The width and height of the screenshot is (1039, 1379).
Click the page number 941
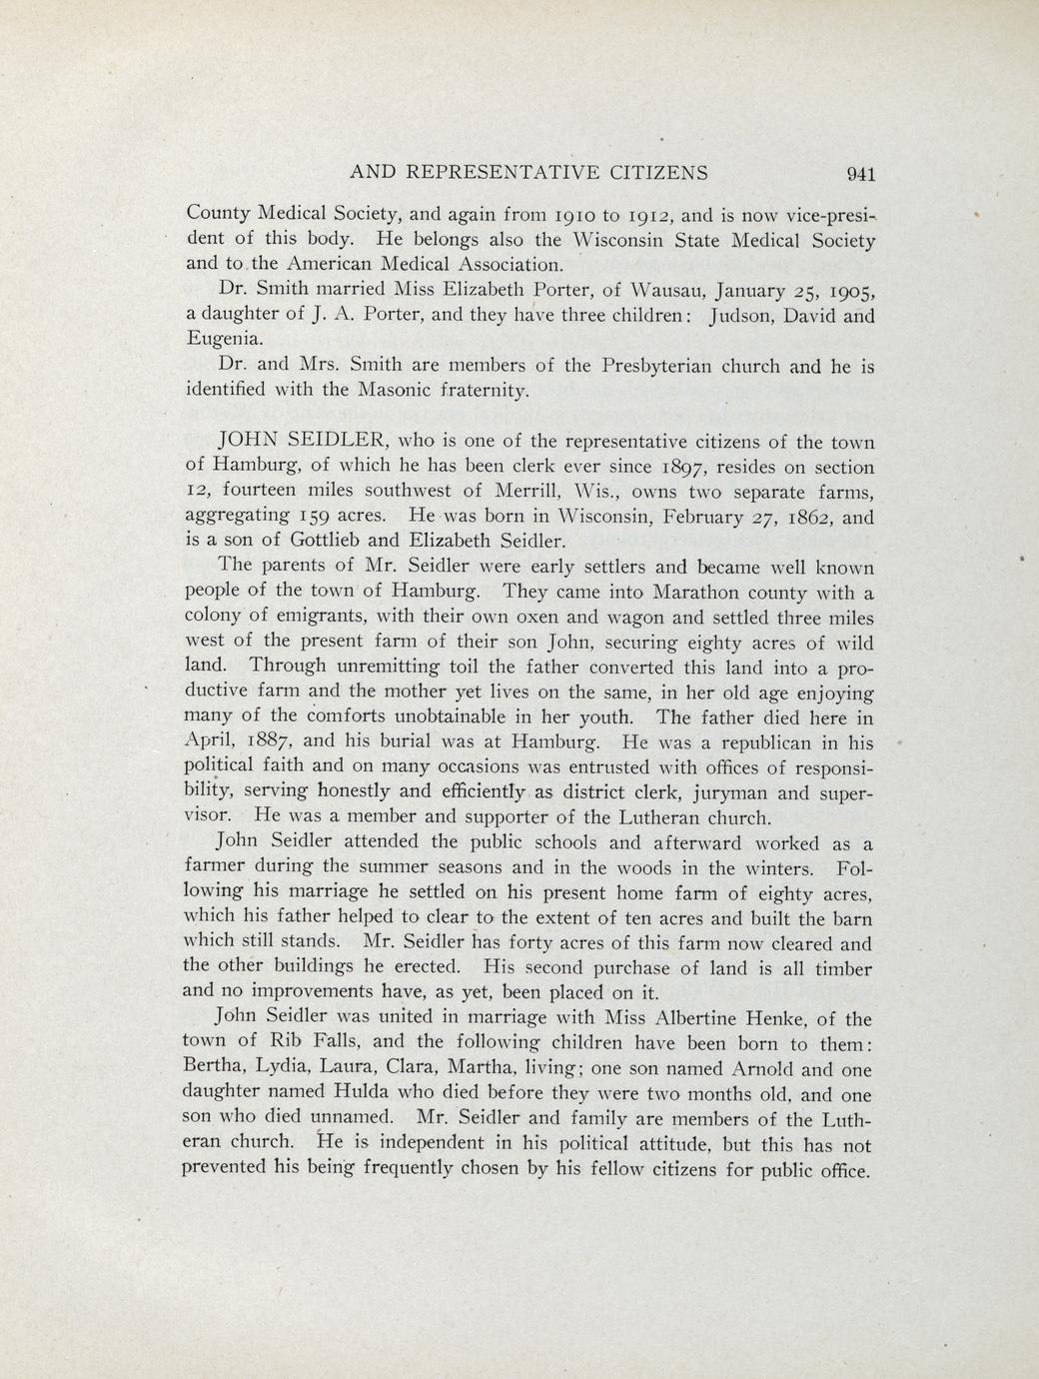point(860,174)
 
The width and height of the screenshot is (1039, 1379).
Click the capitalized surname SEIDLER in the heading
point(333,441)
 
